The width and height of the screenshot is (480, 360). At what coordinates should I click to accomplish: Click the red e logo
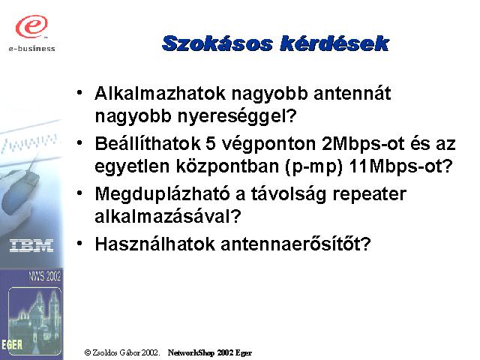pos(31,26)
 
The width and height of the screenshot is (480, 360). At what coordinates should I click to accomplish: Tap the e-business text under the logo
pos(31,48)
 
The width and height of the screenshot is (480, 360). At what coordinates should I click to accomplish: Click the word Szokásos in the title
pos(217,43)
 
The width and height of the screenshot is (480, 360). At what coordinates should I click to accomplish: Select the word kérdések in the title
pos(334,43)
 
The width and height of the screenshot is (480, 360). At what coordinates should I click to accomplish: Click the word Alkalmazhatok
pos(160,93)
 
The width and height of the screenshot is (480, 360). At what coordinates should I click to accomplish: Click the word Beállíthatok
pos(148,143)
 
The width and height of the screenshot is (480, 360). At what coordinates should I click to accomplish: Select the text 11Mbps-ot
pos(400,166)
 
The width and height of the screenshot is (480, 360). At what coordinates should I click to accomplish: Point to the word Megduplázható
pos(162,194)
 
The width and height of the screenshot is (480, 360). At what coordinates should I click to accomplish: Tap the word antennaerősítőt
pos(295,244)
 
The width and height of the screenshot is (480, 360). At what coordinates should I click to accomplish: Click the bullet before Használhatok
pos(79,243)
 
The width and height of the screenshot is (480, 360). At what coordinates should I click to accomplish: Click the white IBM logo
pos(31,246)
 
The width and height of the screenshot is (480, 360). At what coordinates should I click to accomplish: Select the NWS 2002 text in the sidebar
pos(45,276)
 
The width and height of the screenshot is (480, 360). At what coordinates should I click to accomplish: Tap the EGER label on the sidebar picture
pos(12,345)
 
